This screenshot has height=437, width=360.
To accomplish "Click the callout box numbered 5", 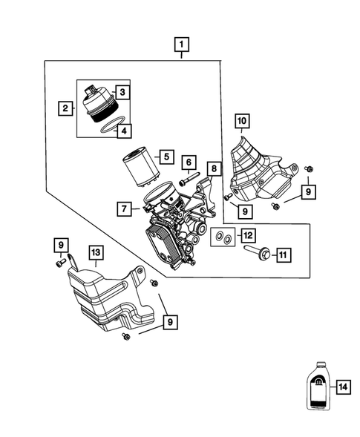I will (x=166, y=157).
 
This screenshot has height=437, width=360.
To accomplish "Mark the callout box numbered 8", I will (x=214, y=168).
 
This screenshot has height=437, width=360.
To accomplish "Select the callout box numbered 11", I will (x=282, y=255).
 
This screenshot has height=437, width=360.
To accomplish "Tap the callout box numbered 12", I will (x=247, y=235).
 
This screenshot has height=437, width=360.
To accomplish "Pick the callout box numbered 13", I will (x=96, y=254).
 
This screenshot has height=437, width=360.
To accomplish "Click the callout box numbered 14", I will (x=341, y=387).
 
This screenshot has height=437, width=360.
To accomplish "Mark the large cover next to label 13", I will (x=111, y=297).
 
